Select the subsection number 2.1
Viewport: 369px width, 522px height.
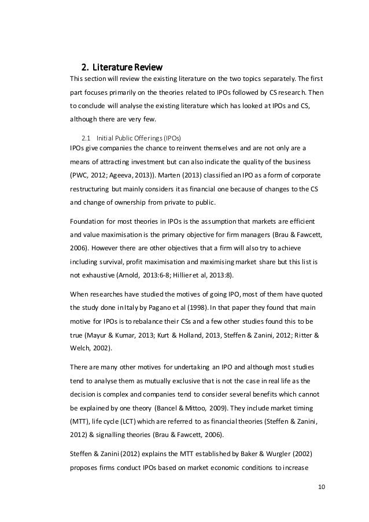pyautogui.click(x=86, y=138)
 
